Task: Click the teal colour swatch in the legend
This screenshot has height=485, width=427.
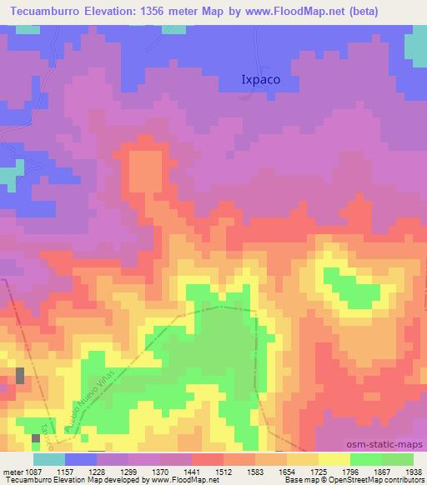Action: [x=48, y=459]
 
